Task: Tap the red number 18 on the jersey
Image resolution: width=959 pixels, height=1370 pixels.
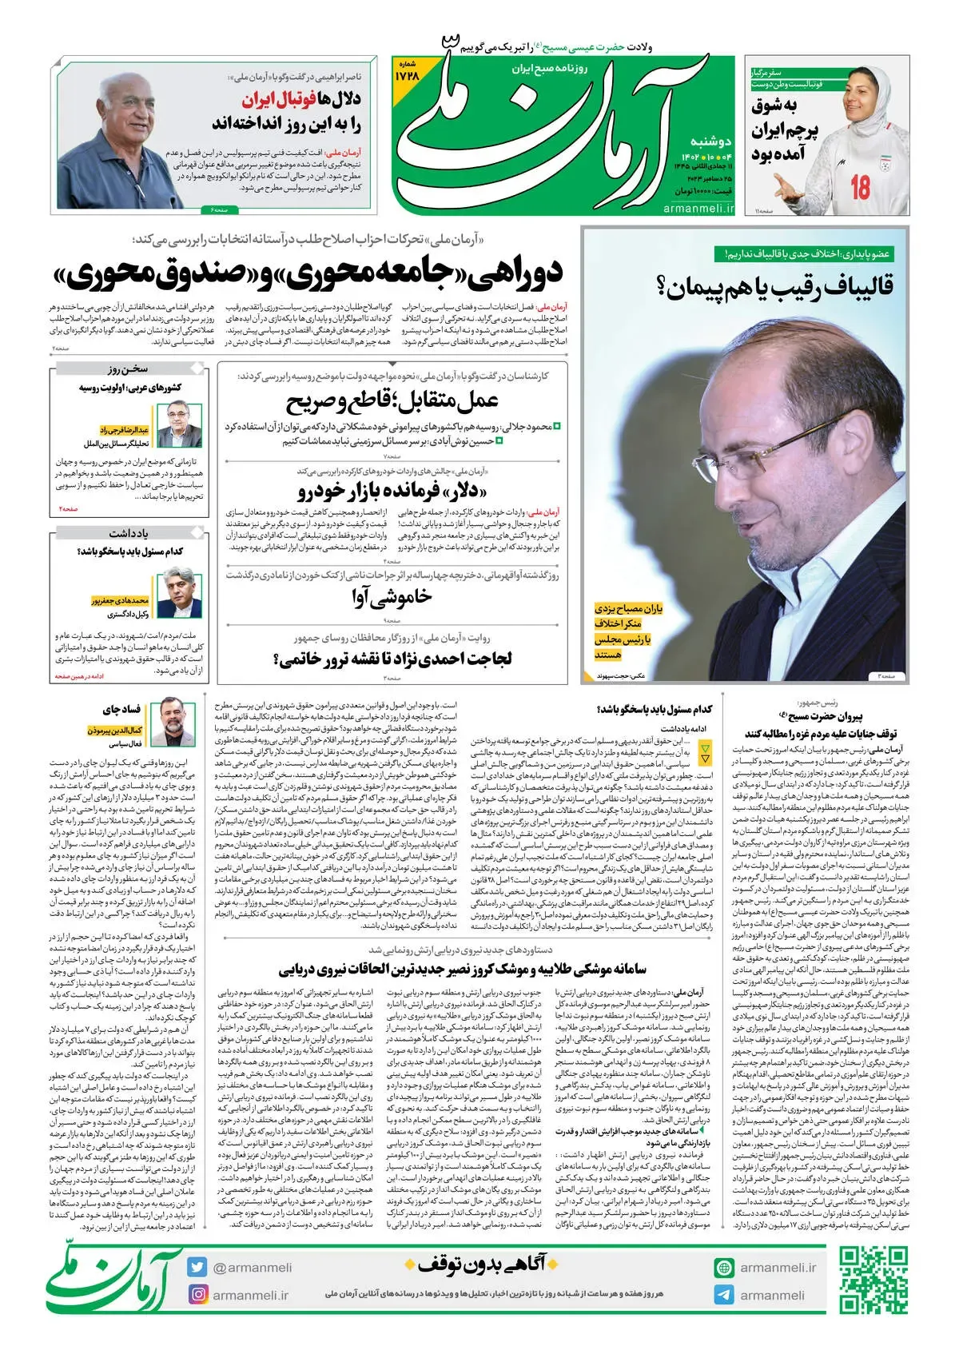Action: pyautogui.click(x=860, y=187)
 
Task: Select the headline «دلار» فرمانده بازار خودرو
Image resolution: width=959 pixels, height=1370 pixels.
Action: pyautogui.click(x=392, y=490)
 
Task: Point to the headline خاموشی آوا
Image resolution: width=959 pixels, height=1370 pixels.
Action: pyautogui.click(x=392, y=596)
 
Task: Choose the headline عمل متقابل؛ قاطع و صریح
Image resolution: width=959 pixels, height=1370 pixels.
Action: pyautogui.click(x=392, y=400)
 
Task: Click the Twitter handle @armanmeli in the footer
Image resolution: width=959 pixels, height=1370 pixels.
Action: pyautogui.click(x=252, y=1268)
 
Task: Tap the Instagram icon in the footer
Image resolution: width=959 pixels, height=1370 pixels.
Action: pyautogui.click(x=197, y=1294)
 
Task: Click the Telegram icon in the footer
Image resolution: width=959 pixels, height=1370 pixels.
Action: pyautogui.click(x=724, y=1295)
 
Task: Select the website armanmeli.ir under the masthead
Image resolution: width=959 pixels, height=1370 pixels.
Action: pyautogui.click(x=698, y=208)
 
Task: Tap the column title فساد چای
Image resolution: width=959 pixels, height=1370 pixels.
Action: pyautogui.click(x=121, y=710)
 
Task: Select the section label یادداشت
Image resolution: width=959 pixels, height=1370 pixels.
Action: pyautogui.click(x=129, y=533)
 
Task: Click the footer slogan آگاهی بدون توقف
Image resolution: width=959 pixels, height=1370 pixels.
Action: pyautogui.click(x=476, y=1264)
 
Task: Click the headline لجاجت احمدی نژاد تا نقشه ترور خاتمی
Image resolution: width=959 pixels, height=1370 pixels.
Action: pyautogui.click(x=392, y=659)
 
